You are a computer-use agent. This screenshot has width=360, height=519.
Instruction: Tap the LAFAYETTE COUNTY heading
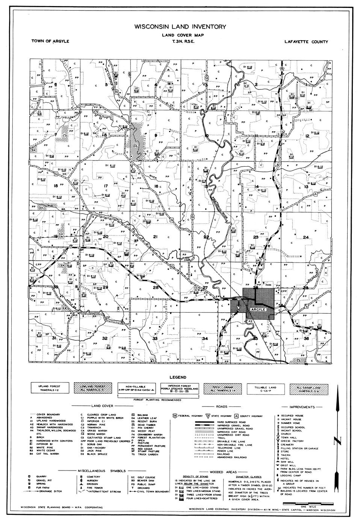[x=306, y=42]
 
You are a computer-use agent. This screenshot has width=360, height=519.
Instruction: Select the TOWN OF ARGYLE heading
[x=50, y=41]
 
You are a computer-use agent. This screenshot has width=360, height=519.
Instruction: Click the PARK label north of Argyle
[x=268, y=285]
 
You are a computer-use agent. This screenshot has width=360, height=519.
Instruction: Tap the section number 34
[x=205, y=339]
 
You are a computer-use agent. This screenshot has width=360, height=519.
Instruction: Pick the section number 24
[x=306, y=237]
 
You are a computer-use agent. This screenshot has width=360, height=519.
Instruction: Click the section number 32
[x=105, y=338]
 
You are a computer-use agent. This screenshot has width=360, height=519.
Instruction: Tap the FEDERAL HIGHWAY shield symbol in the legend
[x=175, y=416]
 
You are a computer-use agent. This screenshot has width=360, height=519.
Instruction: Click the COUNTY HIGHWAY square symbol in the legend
[x=237, y=416]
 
